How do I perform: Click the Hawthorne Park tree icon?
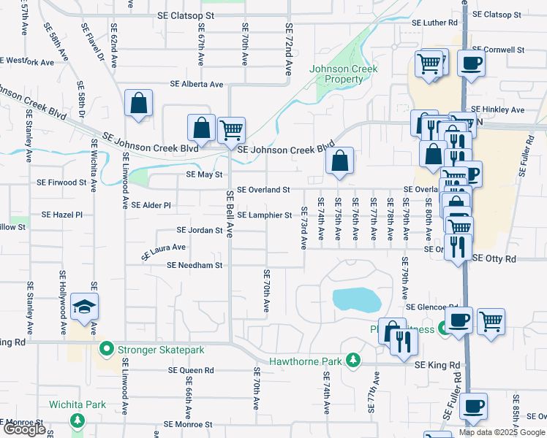point(353,361)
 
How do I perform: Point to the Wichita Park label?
point(78,404)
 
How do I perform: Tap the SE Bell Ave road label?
point(230,214)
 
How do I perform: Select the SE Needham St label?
point(195,266)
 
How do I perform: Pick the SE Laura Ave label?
point(164,252)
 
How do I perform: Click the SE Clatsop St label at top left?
point(186,15)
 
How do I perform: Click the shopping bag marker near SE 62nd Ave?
point(138,104)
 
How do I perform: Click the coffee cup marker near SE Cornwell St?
point(472,64)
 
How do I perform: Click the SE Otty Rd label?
point(494,258)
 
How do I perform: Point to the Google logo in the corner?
point(24,429)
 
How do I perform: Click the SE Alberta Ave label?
point(196,85)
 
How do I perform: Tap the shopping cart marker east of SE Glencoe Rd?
point(491,321)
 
